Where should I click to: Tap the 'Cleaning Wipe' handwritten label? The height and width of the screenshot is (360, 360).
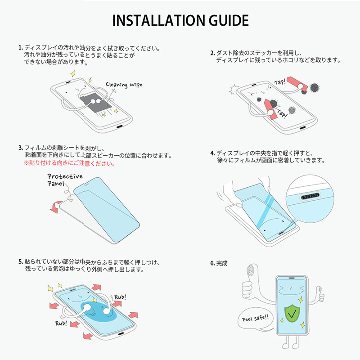[x=124, y=84]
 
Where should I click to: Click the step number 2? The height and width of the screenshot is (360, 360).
[x=212, y=53]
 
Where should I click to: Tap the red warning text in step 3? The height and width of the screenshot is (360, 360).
[x=69, y=164]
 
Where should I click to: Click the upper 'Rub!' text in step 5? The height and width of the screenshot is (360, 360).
[x=120, y=297]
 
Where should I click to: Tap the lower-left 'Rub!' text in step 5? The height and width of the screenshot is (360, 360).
[x=62, y=323]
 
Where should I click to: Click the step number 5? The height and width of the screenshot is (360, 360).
[x=20, y=261]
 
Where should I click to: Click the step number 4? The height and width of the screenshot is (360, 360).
[x=212, y=153]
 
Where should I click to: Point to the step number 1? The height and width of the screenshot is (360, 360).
[x=20, y=47]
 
